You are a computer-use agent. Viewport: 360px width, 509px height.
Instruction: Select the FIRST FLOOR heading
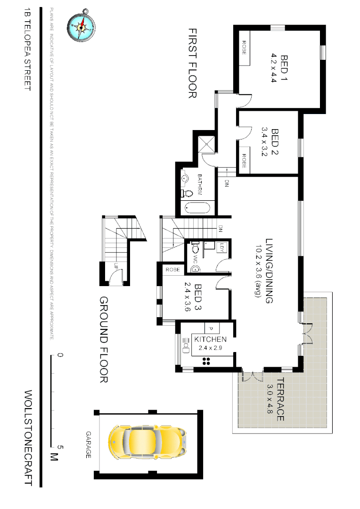192,63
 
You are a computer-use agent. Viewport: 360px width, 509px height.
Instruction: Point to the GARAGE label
88,444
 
